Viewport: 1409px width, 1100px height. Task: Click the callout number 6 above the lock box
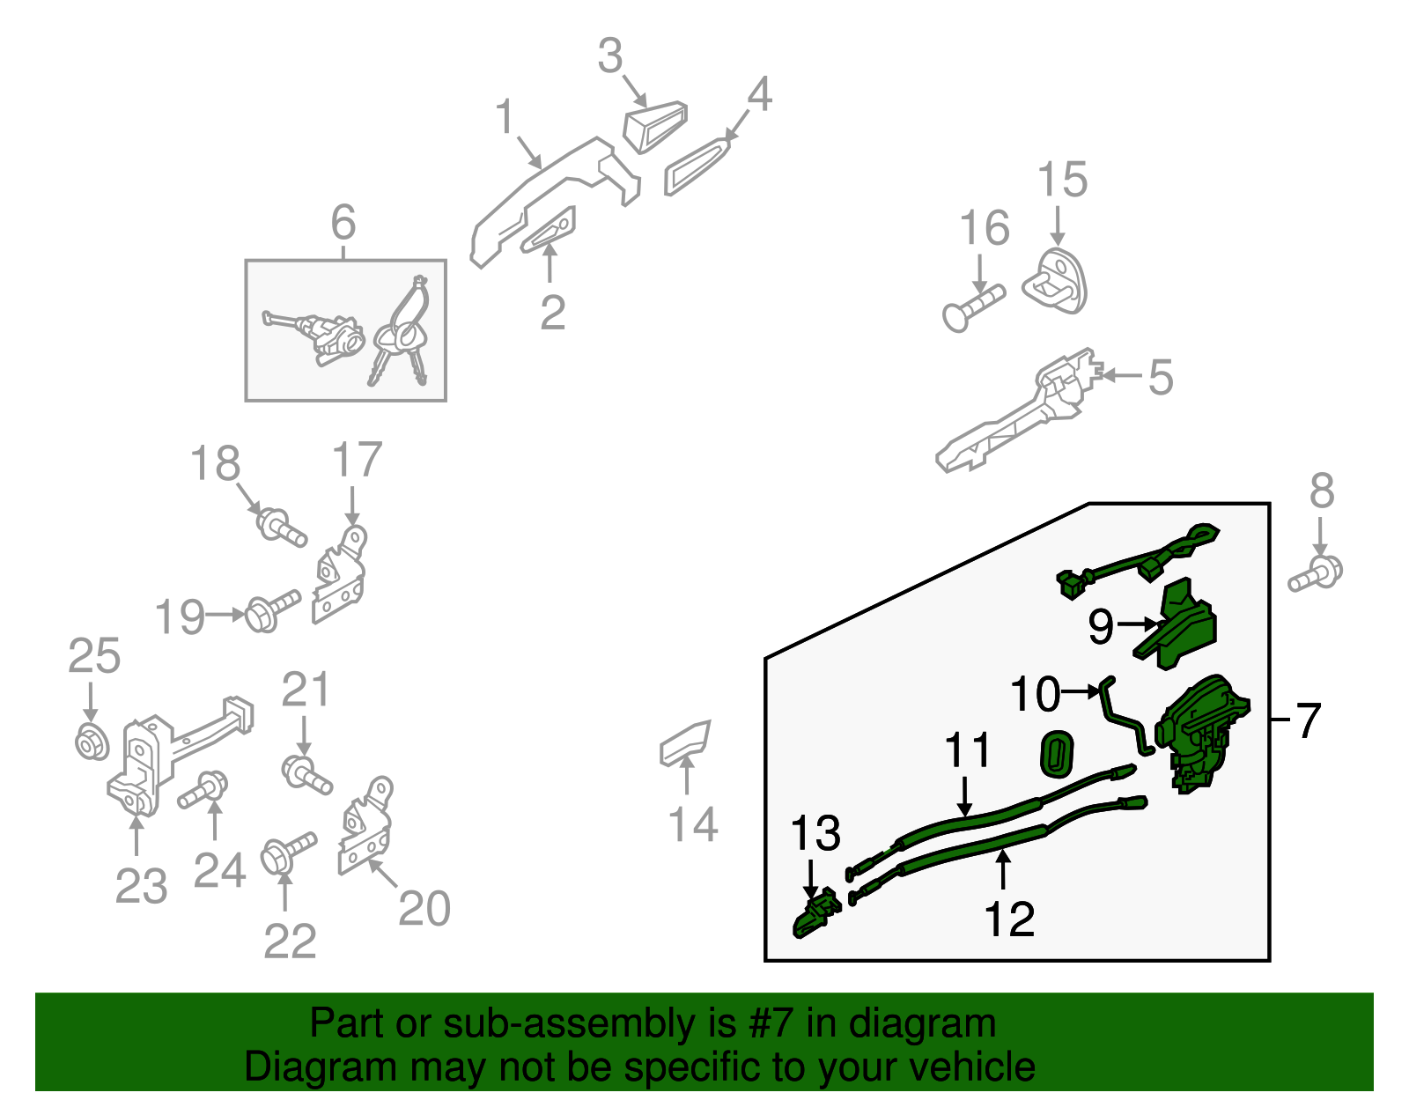[343, 222]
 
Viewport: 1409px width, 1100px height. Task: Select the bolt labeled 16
[972, 308]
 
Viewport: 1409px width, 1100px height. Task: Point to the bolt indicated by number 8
[1315, 572]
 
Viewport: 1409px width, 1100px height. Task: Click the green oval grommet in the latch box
[1057, 753]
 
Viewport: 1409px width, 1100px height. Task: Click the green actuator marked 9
[1175, 624]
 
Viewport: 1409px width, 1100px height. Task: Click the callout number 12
[1009, 919]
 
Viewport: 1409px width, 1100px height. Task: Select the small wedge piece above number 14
[685, 742]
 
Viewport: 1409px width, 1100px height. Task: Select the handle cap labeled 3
[655, 127]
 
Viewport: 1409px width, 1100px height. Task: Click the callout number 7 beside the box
[1307, 720]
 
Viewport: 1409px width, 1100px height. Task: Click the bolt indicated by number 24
[203, 789]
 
